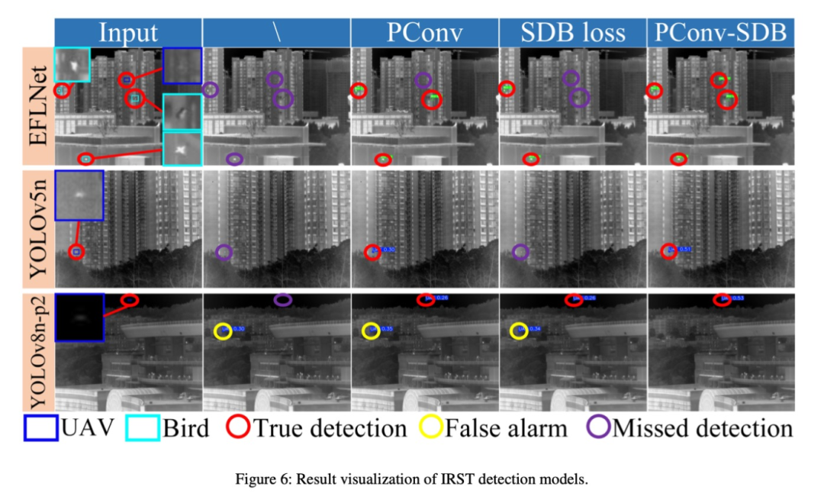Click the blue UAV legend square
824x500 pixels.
coord(40,428)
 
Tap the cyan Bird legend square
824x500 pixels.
coord(142,428)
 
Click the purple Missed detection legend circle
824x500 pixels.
coord(598,428)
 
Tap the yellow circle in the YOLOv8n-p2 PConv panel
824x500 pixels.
coord(371,331)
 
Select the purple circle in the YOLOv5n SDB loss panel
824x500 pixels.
coord(520,251)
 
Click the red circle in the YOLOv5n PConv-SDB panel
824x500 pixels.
coord(668,251)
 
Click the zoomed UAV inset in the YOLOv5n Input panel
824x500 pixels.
coord(79,195)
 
